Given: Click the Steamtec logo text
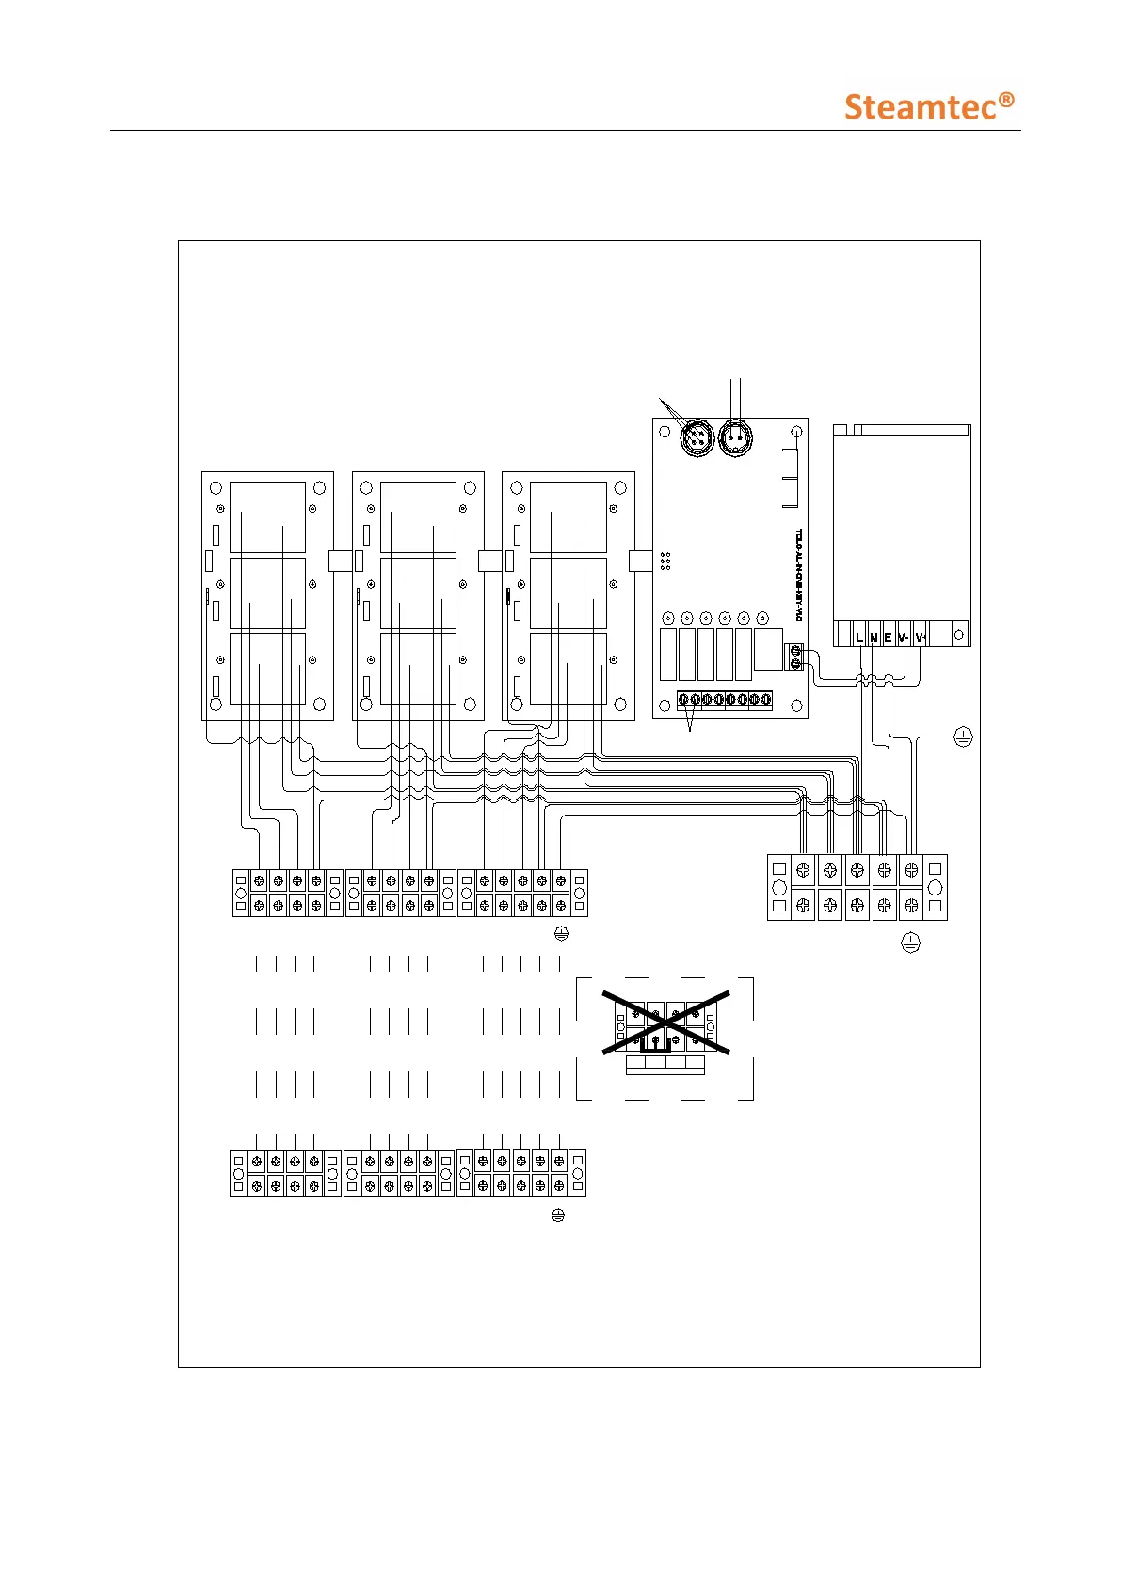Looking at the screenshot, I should coord(920,107).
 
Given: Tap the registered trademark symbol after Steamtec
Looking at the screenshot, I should coord(1006,99).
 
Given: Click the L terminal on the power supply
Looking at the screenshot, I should coord(859,637).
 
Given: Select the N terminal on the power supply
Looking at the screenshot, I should coord(873,637).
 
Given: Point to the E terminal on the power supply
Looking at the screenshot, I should coord(888,637).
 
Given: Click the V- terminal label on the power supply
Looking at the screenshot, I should coord(904,637).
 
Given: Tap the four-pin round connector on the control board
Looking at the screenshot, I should coord(697,437).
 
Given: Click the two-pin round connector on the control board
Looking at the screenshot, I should coord(735,437).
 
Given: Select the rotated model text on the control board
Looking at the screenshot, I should coord(798,574).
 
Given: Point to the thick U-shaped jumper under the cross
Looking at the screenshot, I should coord(656,1047).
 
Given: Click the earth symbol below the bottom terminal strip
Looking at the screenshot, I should coord(557,1215).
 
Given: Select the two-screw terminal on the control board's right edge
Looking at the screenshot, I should coord(795,657).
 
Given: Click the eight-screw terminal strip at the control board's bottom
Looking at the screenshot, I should coord(725,700).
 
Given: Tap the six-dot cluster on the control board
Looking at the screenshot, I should coord(665,561).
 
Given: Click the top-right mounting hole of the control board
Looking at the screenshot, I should coord(796,432).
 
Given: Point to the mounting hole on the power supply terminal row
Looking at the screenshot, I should coord(959,635).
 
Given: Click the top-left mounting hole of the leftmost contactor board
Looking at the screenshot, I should coord(216,488).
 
